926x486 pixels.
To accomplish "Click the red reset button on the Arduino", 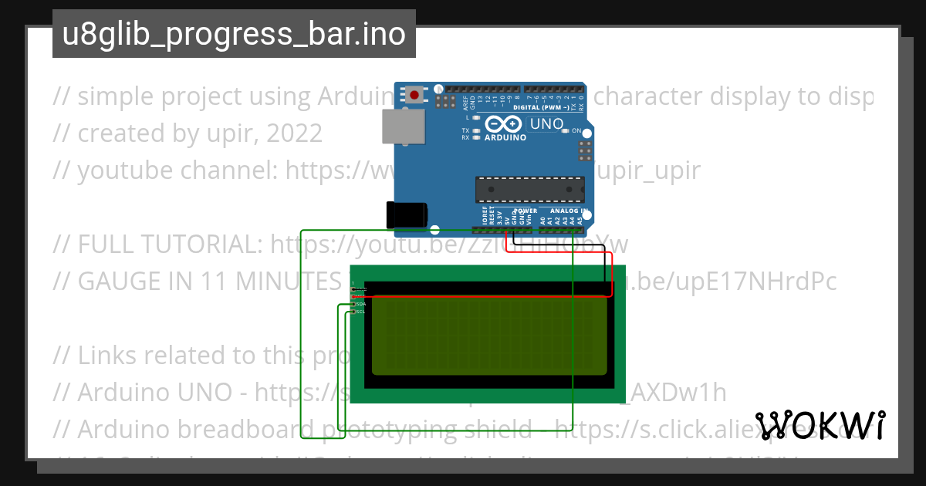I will (415, 96).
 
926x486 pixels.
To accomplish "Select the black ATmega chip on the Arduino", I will (529, 187).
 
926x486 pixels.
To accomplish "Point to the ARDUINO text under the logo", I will (505, 138).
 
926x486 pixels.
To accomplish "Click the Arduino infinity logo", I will (505, 124).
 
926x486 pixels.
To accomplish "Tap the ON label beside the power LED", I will (576, 131).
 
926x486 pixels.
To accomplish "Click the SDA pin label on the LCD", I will (360, 304).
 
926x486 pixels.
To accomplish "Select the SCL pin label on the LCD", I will (360, 312).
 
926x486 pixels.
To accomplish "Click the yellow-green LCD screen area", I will (488, 336).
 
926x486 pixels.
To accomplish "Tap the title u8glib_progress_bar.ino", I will (234, 34).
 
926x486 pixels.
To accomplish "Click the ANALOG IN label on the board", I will (569, 211).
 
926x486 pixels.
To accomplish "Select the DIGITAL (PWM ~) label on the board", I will (540, 107).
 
